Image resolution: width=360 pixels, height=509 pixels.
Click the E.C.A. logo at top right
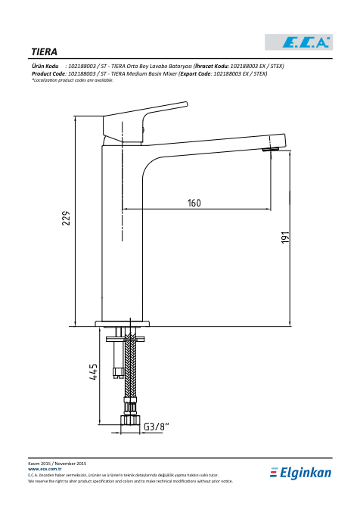(x=299, y=42)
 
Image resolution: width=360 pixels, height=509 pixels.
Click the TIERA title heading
(x=44, y=52)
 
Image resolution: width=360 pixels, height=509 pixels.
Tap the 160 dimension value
(x=194, y=203)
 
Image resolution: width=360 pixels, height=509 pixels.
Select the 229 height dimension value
(x=66, y=218)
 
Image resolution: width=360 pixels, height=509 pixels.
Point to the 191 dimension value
(x=284, y=237)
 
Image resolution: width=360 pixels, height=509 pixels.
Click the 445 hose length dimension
(x=93, y=372)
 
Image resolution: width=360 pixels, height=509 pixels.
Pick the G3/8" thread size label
(x=157, y=427)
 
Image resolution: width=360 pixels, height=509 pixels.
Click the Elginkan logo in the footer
(x=300, y=473)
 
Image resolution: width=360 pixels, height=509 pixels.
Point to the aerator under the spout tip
(x=271, y=149)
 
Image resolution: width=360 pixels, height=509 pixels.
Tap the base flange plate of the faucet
(x=123, y=324)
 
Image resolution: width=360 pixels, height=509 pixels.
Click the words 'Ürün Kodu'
(x=45, y=67)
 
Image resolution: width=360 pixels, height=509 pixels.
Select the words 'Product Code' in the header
(x=48, y=73)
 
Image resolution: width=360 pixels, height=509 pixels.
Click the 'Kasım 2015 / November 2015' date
(x=57, y=464)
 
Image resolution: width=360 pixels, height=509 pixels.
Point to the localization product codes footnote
(x=73, y=80)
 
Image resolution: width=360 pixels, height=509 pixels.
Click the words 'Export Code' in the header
(x=196, y=73)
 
